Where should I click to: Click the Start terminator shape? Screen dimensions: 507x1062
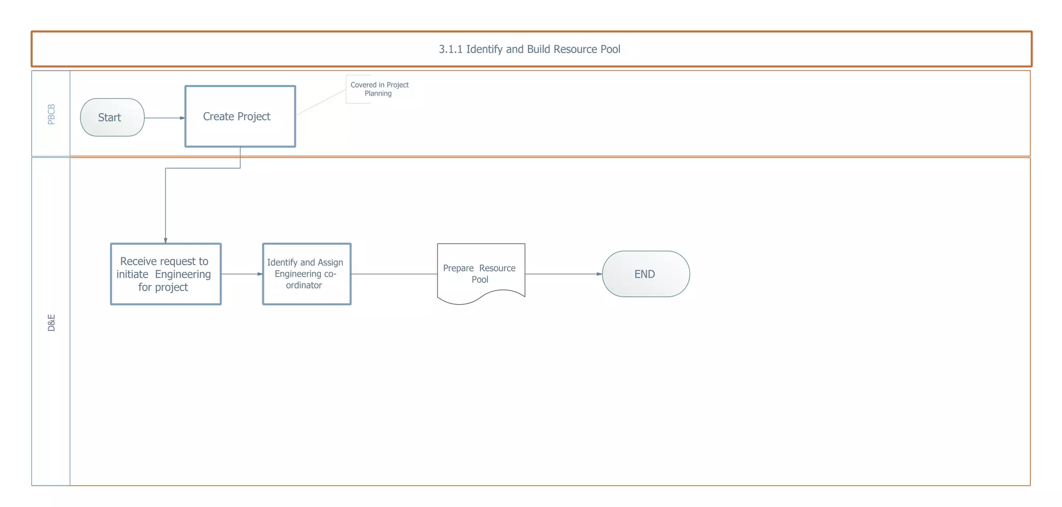(x=112, y=117)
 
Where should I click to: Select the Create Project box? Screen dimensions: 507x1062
(x=240, y=116)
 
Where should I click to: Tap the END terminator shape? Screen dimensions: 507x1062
(x=646, y=274)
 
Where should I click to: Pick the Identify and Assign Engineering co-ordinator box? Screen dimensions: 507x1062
(x=306, y=274)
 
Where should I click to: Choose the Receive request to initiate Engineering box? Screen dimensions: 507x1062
(x=165, y=274)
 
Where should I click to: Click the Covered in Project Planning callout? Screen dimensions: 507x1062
(x=379, y=89)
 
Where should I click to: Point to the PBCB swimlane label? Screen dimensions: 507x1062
(x=51, y=114)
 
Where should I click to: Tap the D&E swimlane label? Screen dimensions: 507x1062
(x=51, y=322)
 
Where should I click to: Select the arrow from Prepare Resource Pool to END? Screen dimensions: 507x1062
(x=563, y=274)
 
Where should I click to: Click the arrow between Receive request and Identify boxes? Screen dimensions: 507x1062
(x=241, y=274)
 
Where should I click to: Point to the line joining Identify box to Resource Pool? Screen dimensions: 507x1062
(x=394, y=274)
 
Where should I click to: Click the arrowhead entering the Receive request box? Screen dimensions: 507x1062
(x=165, y=240)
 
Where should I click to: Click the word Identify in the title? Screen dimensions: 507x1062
(x=484, y=49)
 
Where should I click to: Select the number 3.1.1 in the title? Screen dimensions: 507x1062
(x=450, y=49)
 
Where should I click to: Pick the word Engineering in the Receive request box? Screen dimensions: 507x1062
(x=183, y=274)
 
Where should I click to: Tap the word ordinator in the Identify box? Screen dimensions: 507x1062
(x=304, y=285)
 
